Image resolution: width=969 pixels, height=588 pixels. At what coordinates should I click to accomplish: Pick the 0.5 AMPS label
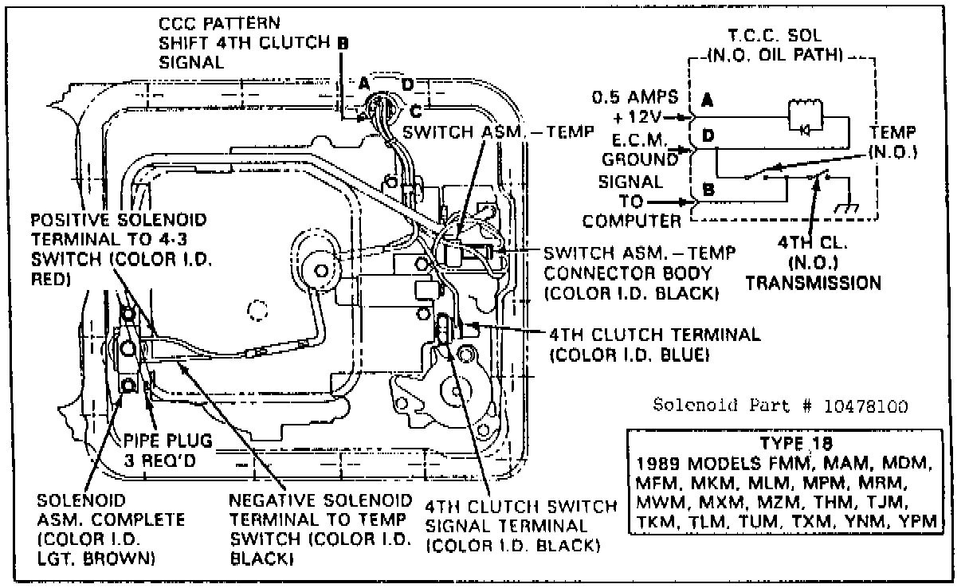(x=635, y=98)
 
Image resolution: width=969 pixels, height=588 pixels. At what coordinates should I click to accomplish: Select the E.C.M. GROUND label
(x=645, y=149)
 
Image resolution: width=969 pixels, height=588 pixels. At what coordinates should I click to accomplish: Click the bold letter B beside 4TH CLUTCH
(x=343, y=45)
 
